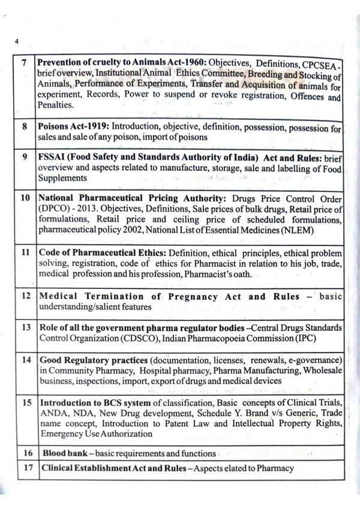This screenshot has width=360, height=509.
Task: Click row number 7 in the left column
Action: pyautogui.click(x=23, y=64)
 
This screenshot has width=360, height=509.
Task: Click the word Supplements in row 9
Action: pyautogui.click(x=63, y=178)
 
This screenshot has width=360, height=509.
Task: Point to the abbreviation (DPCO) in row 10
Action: pyautogui.click(x=54, y=209)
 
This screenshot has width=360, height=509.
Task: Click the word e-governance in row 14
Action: pyautogui.click(x=316, y=360)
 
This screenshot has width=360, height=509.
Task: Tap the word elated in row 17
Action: pyautogui.click(x=225, y=468)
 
